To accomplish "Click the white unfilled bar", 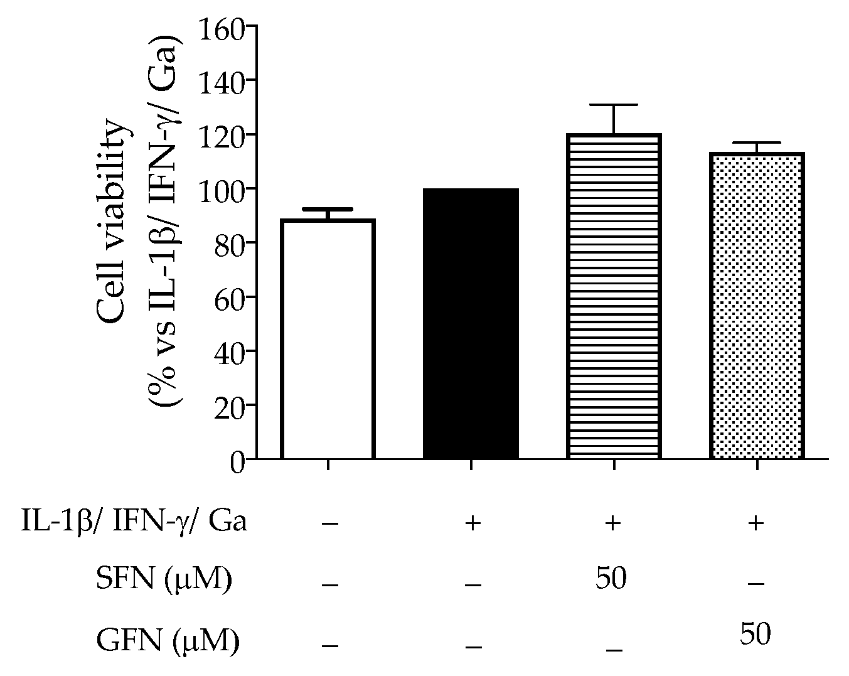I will tap(328, 339).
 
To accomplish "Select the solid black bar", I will tap(471, 324).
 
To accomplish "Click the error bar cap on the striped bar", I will tap(614, 105).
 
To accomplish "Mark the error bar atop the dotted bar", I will tap(757, 143).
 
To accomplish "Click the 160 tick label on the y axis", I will tap(220, 27).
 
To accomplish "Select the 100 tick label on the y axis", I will tap(220, 188).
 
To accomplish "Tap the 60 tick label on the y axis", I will tap(228, 297).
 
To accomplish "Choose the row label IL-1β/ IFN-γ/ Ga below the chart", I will tap(133, 522).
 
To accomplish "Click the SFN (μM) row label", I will tap(163, 579).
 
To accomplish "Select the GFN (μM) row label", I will tap(168, 641).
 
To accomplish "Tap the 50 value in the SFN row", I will tap(611, 578).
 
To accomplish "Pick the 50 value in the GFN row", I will tap(755, 635).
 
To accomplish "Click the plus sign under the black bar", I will tap(471, 523).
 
